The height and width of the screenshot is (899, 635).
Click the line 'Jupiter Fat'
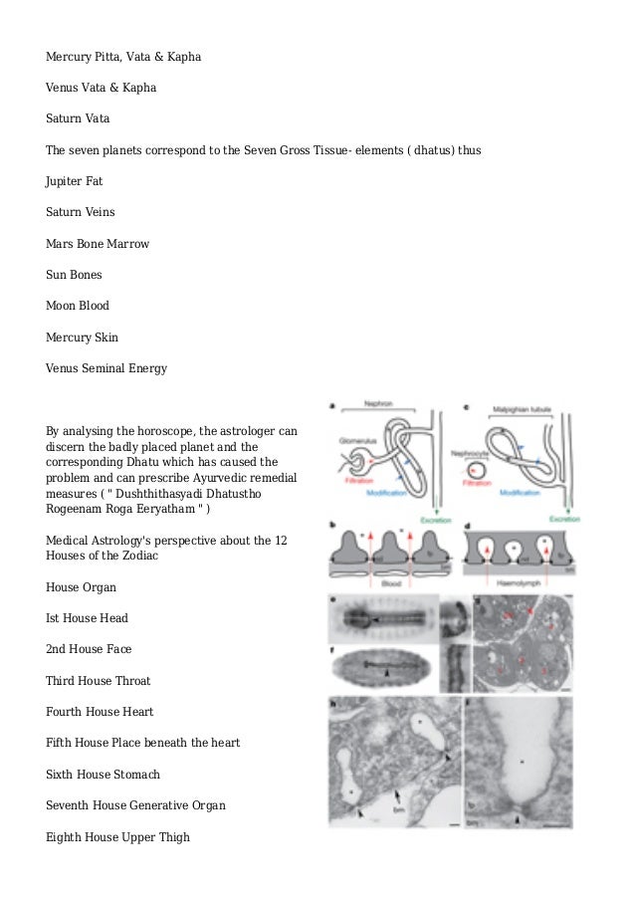coord(75,181)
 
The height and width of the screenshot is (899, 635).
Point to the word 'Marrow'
coord(127,244)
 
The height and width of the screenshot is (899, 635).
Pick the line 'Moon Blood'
coord(78,306)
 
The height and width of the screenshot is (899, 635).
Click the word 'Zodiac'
coord(137,555)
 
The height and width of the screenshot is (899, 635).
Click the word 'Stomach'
coord(136,775)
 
